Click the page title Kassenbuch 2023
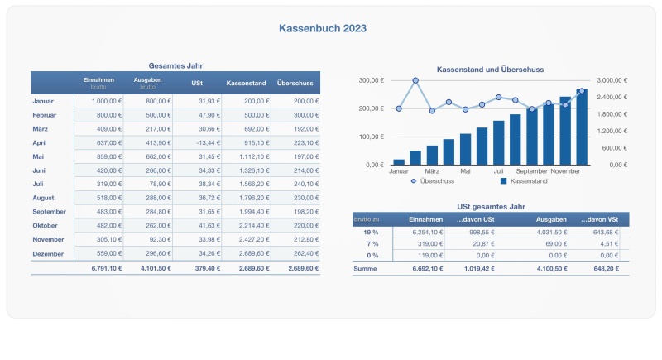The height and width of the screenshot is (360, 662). point(324,28)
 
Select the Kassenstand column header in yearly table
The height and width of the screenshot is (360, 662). point(246,84)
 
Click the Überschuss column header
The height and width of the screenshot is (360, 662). point(295,84)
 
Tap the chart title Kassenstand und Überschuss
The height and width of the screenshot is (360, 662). point(490,70)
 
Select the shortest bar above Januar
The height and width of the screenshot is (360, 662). point(399,161)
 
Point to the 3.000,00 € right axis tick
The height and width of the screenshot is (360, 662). point(613,80)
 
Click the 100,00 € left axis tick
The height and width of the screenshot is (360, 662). point(370,137)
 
